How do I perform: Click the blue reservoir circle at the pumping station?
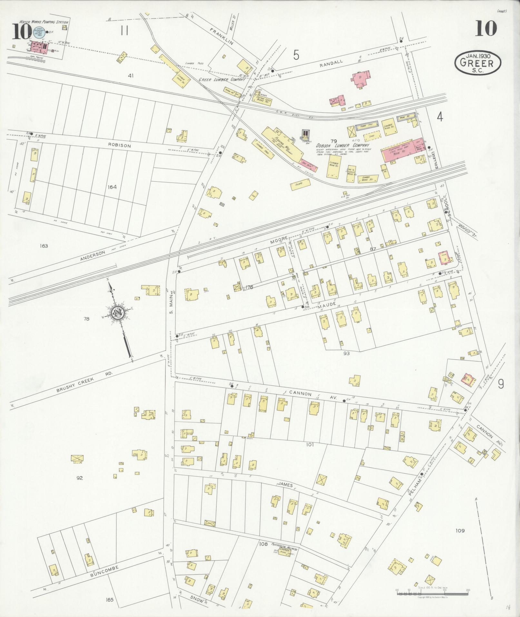point(37,34)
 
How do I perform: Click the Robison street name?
point(122,146)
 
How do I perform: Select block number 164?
point(112,187)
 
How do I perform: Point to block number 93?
point(346,353)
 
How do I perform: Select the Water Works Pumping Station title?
point(44,22)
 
